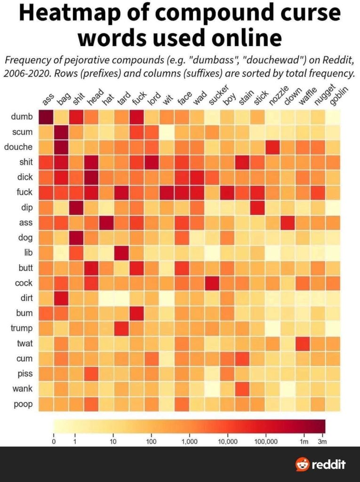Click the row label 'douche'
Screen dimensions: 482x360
coord(18,147)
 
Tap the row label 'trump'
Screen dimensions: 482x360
coord(22,329)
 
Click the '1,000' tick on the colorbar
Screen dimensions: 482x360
coord(189,442)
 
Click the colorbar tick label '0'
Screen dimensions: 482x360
coord(54,442)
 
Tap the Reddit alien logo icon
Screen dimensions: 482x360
coord(303,464)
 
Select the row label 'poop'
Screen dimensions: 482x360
coord(23,404)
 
